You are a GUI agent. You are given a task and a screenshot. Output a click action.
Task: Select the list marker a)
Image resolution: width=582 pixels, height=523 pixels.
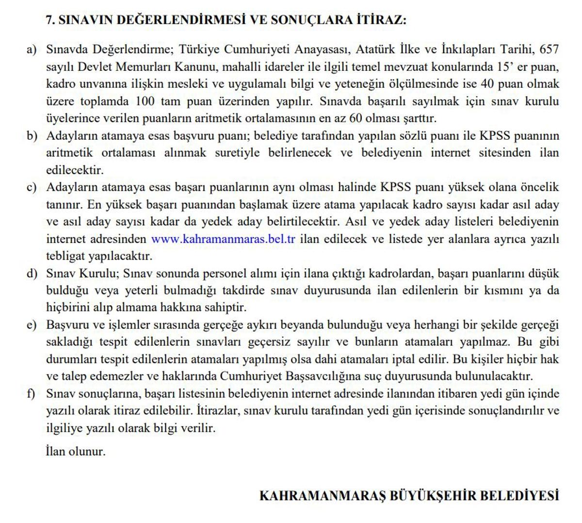(x=32, y=49)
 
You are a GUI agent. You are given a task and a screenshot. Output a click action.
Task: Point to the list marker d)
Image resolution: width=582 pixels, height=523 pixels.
(x=32, y=274)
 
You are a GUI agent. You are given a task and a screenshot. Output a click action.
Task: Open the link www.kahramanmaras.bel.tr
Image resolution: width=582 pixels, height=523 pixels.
(x=223, y=239)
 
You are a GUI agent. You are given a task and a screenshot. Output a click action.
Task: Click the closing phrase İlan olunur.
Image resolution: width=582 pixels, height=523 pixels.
(x=76, y=452)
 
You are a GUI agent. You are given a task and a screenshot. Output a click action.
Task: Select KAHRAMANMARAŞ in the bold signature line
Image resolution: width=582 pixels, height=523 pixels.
(x=322, y=496)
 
